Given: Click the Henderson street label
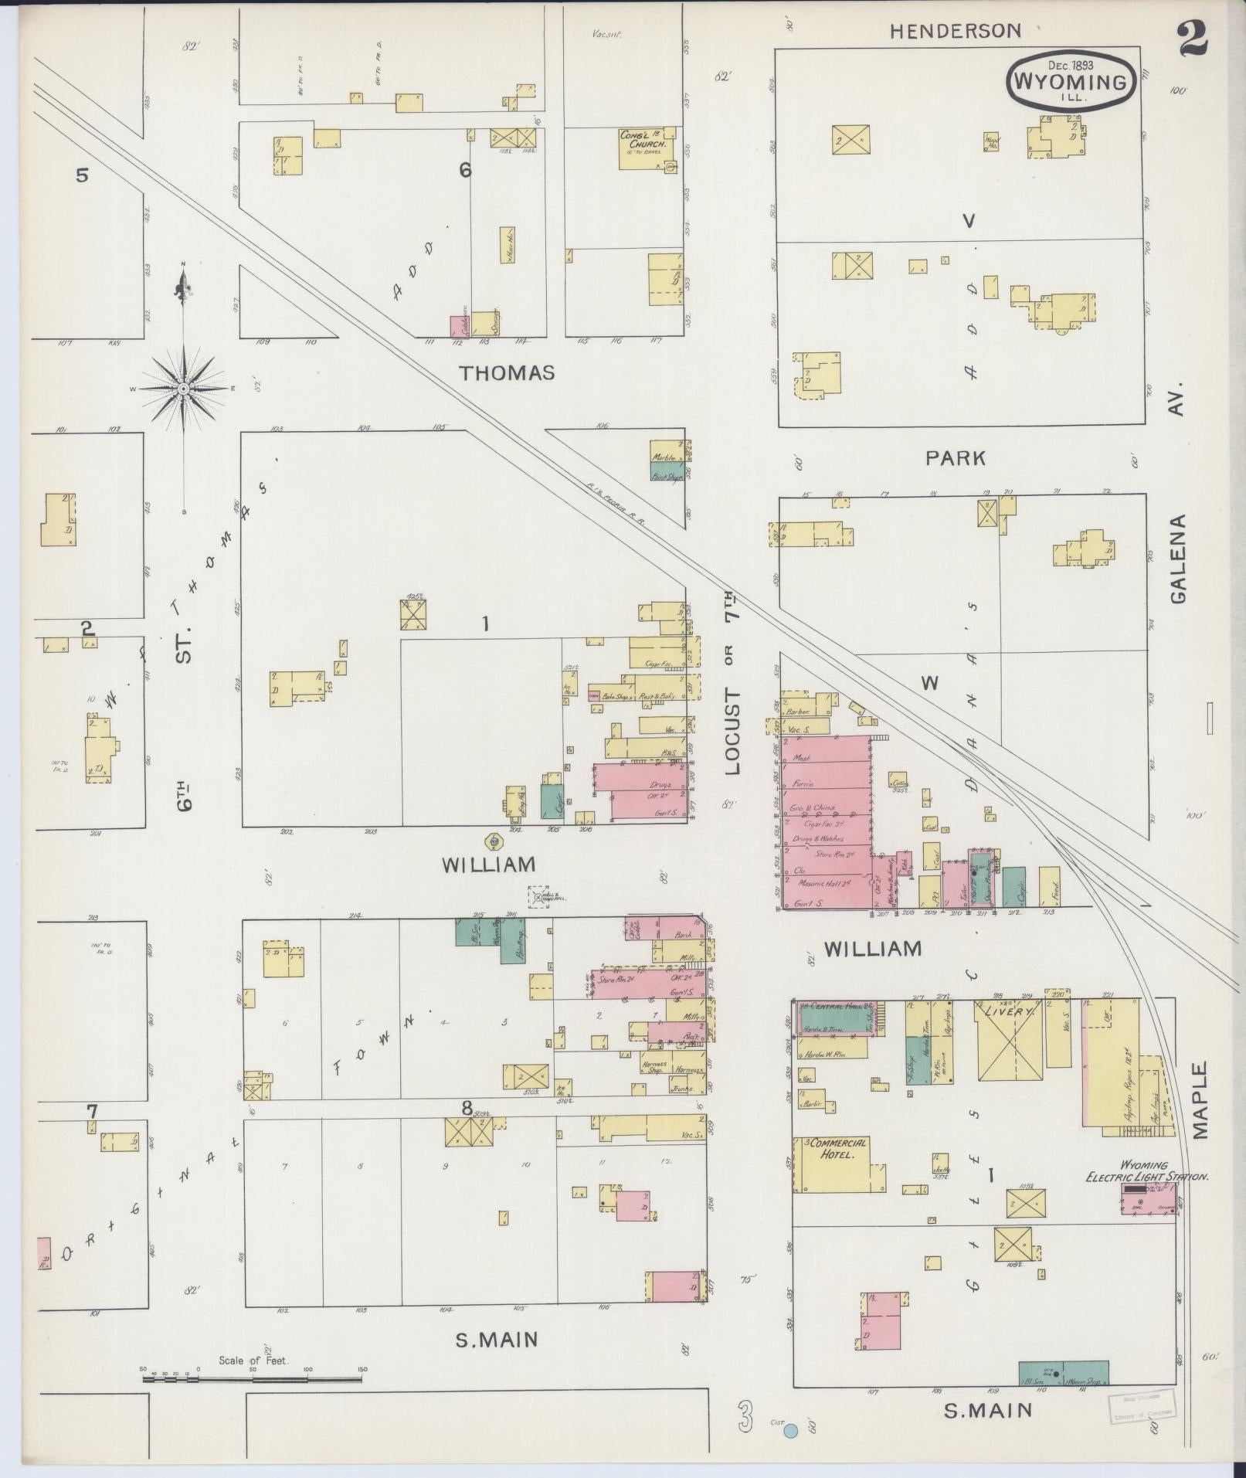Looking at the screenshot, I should [x=955, y=31].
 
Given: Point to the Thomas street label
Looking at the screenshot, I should [x=507, y=373].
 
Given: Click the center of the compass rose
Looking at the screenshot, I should [x=183, y=388].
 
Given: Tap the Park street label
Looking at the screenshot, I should [x=956, y=458].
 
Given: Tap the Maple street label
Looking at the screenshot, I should [x=1198, y=1100].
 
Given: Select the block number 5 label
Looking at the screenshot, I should [x=82, y=175].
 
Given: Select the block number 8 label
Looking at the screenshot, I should [x=467, y=1109].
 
